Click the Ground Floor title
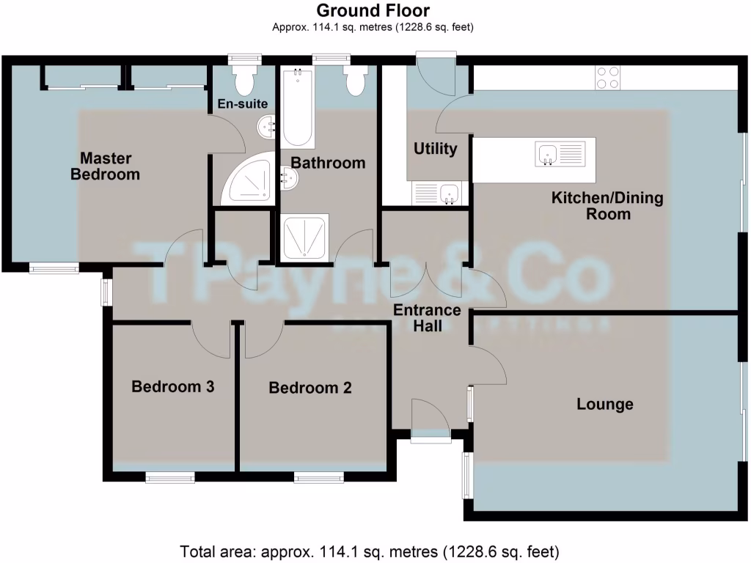[x=373, y=10]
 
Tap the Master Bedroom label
[x=106, y=166]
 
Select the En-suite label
[x=242, y=104]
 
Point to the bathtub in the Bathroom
[x=298, y=108]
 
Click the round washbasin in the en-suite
[x=265, y=129]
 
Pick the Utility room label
[x=436, y=149]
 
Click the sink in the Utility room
[x=449, y=194]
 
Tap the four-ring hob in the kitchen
[x=607, y=77]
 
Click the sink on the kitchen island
[x=547, y=153]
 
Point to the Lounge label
[x=605, y=404]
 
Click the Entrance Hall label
[x=428, y=317]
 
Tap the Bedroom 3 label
[x=172, y=386]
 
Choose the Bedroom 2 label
[x=310, y=388]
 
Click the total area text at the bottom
[x=370, y=550]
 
